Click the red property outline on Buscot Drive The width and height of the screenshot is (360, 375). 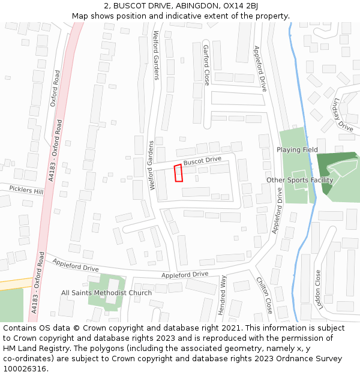(178, 173)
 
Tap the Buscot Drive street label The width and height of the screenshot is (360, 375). (202, 161)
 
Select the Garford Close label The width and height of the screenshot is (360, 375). (206, 65)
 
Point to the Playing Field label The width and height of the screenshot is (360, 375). (297, 149)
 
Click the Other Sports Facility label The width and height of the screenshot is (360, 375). (299, 180)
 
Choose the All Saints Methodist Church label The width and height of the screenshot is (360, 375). (106, 293)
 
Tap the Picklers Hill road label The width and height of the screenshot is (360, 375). (26, 190)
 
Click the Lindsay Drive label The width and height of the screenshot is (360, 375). (344, 115)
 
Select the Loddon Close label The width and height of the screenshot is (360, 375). (319, 289)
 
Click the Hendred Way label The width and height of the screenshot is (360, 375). (223, 295)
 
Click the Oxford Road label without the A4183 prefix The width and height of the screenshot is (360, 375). (55, 88)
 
